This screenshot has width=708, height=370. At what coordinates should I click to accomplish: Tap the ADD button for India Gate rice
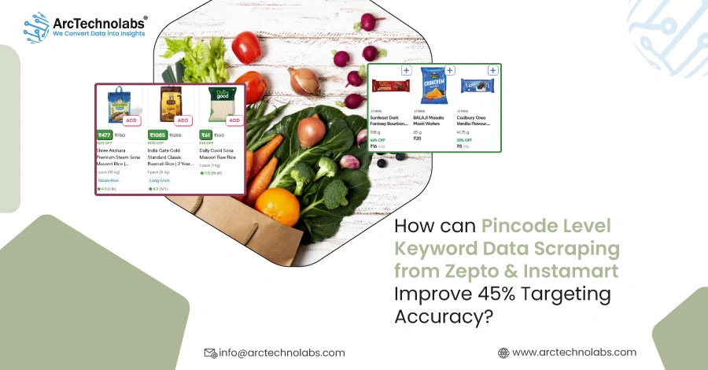pyautogui.click(x=183, y=120)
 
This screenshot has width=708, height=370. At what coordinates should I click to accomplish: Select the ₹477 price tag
pyautogui.click(x=105, y=135)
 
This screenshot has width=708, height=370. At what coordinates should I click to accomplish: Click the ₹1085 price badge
pyautogui.click(x=156, y=135)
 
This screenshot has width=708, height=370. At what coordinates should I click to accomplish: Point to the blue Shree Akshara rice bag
pyautogui.click(x=120, y=103)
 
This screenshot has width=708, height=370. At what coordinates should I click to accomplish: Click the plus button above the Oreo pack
pyautogui.click(x=494, y=70)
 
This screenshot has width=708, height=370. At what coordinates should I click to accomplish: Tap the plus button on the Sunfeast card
pyautogui.click(x=406, y=70)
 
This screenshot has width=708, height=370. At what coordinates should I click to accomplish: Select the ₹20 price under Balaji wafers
pyautogui.click(x=419, y=138)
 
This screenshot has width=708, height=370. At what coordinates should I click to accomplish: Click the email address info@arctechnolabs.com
pyautogui.click(x=282, y=353)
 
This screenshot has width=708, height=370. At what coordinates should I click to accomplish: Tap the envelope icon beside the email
pyautogui.click(x=209, y=353)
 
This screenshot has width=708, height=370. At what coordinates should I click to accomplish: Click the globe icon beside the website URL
pyautogui.click(x=503, y=353)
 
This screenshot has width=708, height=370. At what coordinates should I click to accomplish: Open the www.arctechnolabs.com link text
pyautogui.click(x=573, y=353)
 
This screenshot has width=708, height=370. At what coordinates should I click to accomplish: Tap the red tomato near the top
pyautogui.click(x=246, y=48)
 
